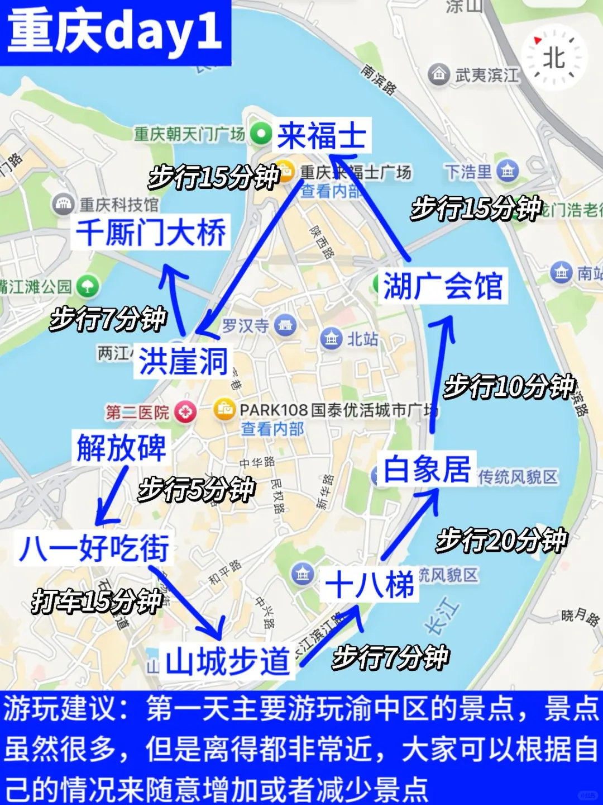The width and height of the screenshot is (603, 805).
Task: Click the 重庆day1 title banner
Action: (114, 32)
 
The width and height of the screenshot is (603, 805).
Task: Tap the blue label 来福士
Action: (322, 136)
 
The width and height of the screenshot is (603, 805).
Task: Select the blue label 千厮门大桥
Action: (151, 233)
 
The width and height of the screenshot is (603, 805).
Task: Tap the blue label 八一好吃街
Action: (94, 547)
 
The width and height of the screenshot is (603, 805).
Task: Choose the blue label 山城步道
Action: (227, 661)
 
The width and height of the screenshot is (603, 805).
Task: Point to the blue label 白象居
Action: (427, 468)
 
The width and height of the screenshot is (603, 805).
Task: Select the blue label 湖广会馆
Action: (443, 286)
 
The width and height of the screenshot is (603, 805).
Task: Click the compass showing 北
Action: (554, 58)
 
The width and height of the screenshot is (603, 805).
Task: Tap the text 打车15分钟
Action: (97, 602)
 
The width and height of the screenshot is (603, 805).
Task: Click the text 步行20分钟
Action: (501, 541)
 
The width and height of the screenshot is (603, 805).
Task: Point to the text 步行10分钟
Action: (509, 386)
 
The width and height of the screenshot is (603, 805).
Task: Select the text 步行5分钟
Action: (197, 490)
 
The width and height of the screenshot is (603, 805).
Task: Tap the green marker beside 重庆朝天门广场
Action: (261, 134)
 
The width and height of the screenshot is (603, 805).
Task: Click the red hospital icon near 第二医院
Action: (185, 413)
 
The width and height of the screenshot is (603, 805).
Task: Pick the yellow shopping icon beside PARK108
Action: (224, 410)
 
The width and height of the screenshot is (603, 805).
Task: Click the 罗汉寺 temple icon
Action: (285, 325)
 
